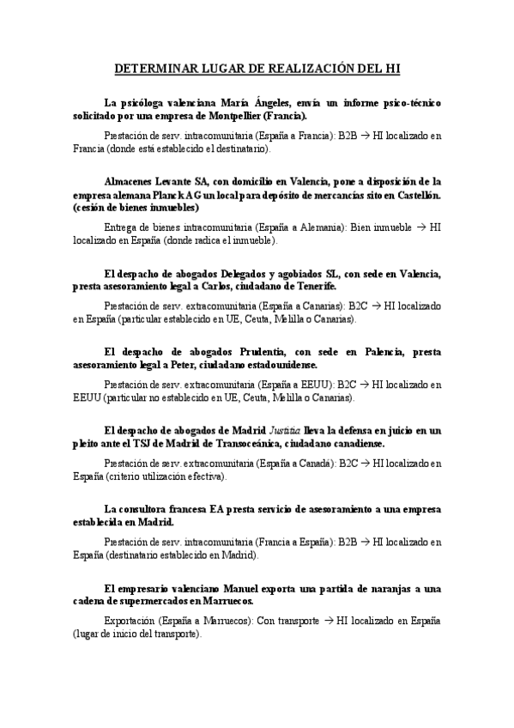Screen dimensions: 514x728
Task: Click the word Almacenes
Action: [131, 181]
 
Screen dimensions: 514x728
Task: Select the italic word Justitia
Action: [282, 429]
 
